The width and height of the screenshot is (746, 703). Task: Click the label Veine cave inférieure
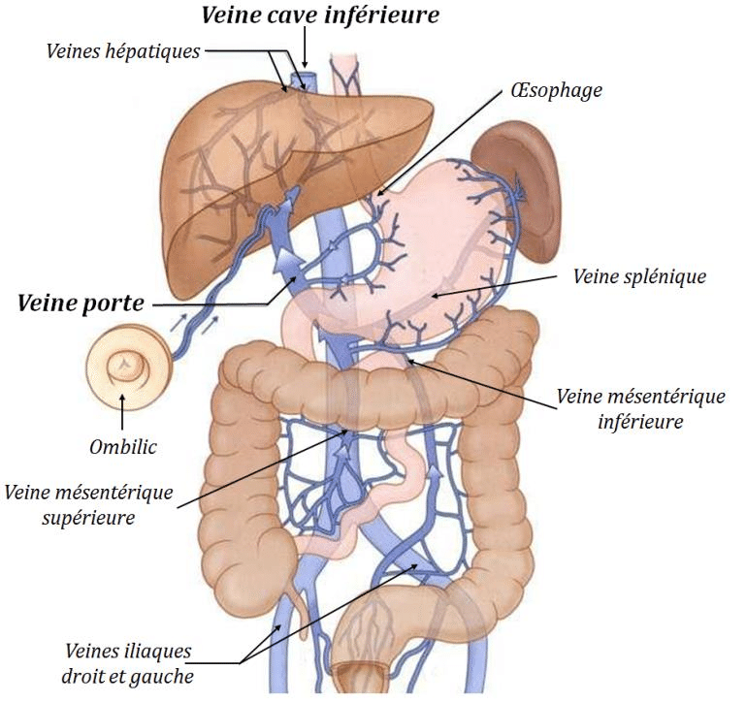(320, 16)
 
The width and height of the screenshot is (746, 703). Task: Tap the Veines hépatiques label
(122, 51)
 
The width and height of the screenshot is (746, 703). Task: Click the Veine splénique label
(639, 276)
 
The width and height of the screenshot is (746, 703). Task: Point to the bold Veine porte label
(81, 303)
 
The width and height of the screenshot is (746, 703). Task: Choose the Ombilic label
(121, 447)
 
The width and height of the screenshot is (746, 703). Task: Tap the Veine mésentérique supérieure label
(88, 505)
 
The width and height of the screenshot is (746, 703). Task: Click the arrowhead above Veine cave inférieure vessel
(306, 60)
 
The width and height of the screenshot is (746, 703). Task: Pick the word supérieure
(88, 518)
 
